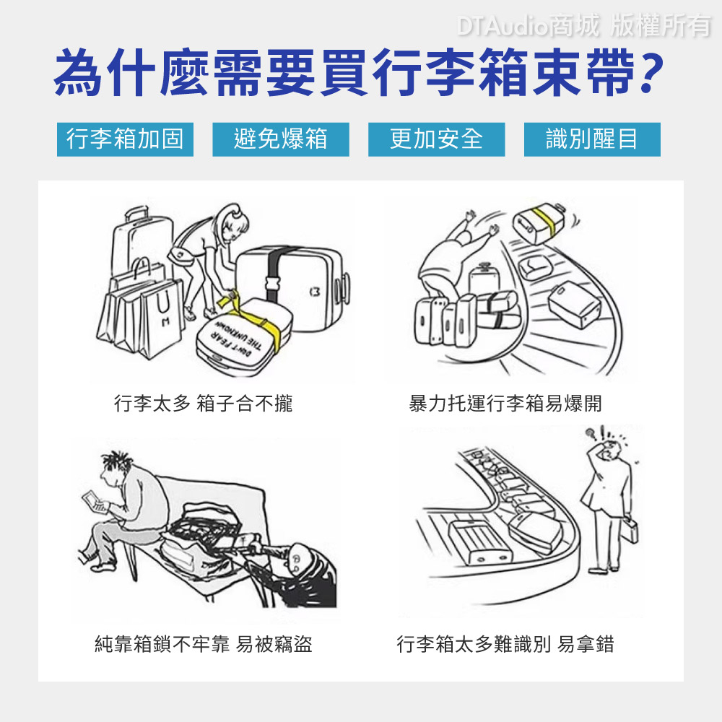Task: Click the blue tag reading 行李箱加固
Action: pyautogui.click(x=125, y=139)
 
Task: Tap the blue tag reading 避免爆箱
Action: pyautogui.click(x=281, y=139)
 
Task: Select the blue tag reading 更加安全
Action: pyautogui.click(x=437, y=139)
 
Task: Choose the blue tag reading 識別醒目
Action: pyautogui.click(x=592, y=139)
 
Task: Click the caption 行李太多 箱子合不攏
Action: pyautogui.click(x=203, y=404)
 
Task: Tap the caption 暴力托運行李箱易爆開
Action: pyautogui.click(x=505, y=404)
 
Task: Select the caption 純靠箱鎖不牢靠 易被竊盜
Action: pyautogui.click(x=203, y=644)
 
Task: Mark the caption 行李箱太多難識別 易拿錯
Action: pyautogui.click(x=505, y=644)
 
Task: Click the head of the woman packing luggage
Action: pyautogui.click(x=232, y=221)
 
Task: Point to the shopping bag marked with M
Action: pyautogui.click(x=162, y=318)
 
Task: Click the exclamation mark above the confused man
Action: pyautogui.click(x=602, y=432)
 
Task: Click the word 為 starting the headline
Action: pyautogui.click(x=78, y=73)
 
